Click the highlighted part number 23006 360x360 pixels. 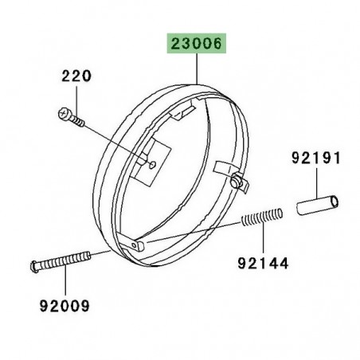click(x=196, y=43)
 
